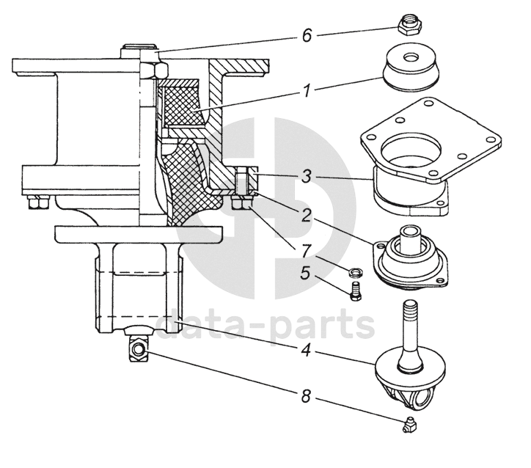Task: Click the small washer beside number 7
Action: (355, 272)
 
